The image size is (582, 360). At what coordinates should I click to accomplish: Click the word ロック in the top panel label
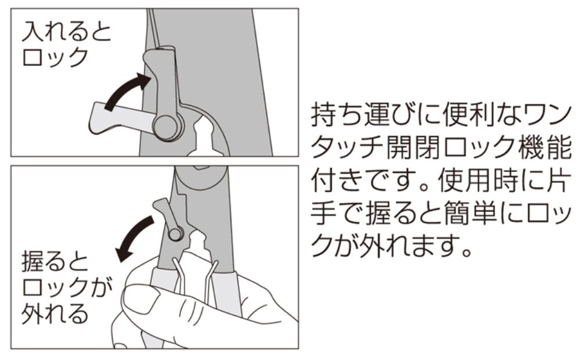point(55,57)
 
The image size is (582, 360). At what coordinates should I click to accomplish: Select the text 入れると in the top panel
point(67,31)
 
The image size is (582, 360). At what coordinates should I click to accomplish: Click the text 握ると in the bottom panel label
point(55,262)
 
